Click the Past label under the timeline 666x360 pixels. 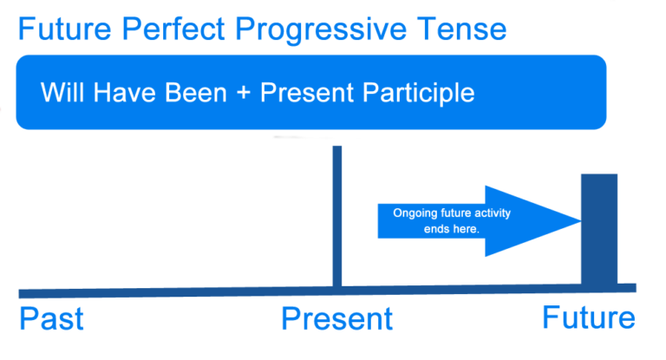pos(51,318)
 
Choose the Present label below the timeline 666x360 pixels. pos(336,319)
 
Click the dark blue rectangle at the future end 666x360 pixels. pos(599,229)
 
